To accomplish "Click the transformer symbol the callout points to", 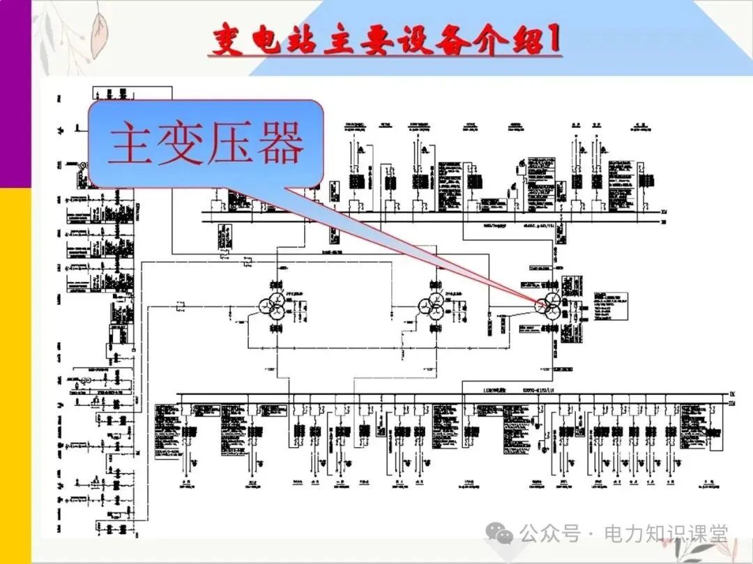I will (x=548, y=304).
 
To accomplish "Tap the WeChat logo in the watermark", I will (x=502, y=534).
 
